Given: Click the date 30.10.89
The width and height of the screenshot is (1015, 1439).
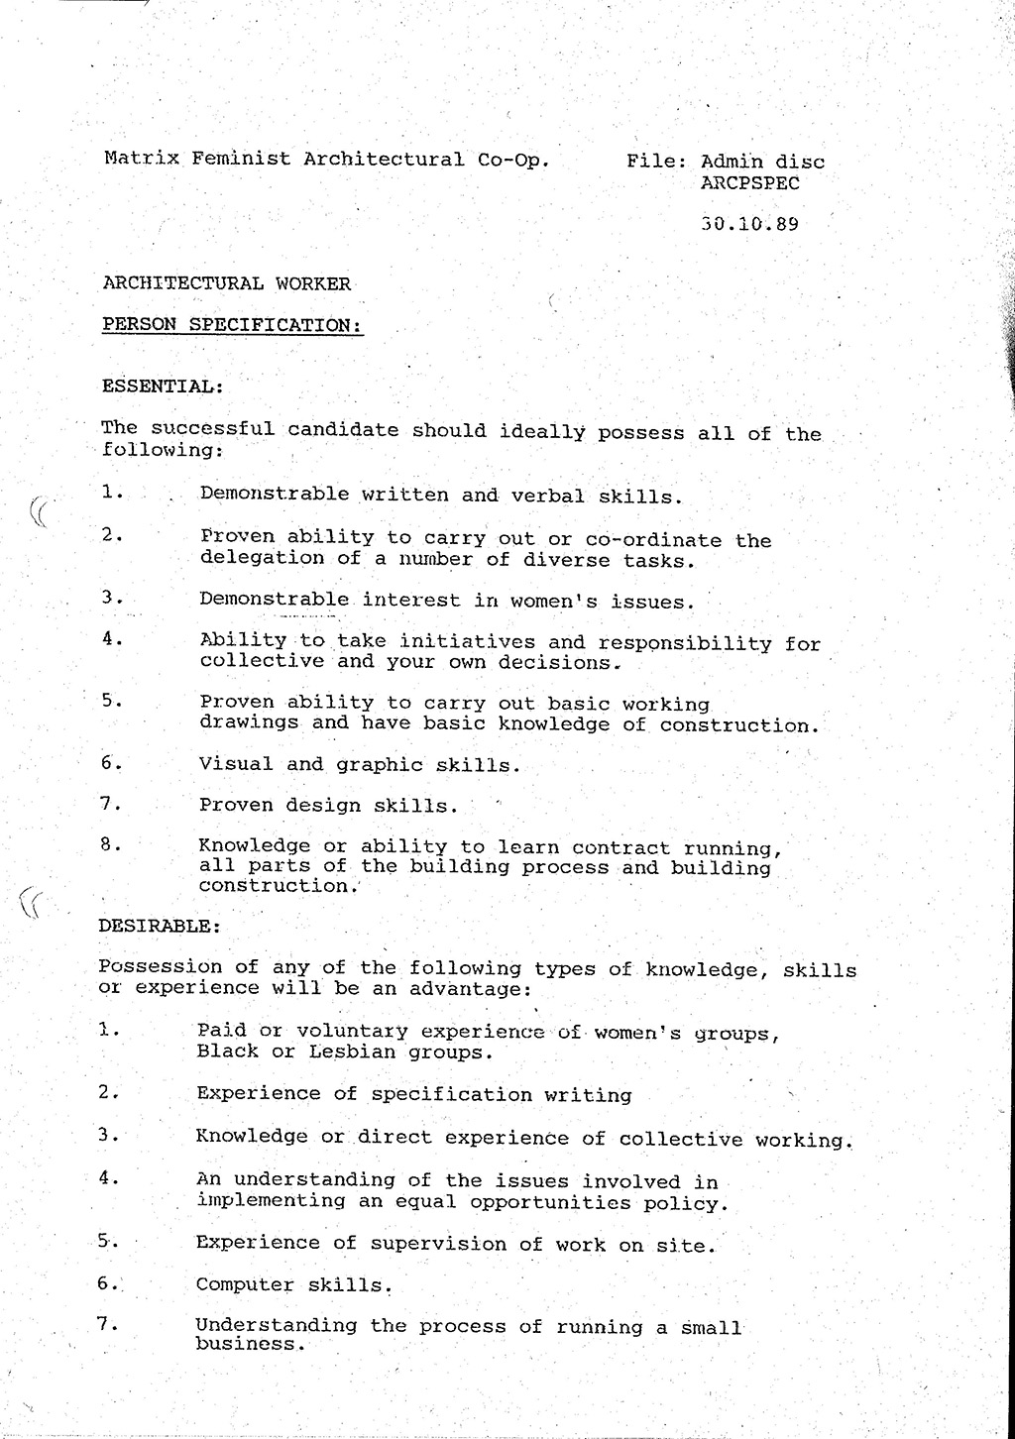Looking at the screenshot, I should click(749, 224).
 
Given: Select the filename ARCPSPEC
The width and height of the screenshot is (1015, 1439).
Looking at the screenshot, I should click(749, 183).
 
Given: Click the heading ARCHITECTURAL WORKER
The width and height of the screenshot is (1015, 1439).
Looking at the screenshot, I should click(227, 283).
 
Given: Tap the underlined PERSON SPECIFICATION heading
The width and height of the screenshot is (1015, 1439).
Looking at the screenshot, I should click(233, 325).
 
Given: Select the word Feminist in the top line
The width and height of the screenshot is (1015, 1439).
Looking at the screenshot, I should click(241, 159).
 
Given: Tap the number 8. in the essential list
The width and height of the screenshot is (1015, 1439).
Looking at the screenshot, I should click(111, 844).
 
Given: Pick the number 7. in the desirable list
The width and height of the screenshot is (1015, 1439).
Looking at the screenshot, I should click(108, 1322).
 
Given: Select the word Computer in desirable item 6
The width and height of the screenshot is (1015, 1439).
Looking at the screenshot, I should click(245, 1285).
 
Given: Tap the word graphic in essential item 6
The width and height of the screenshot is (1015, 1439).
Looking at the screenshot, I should click(380, 765).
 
